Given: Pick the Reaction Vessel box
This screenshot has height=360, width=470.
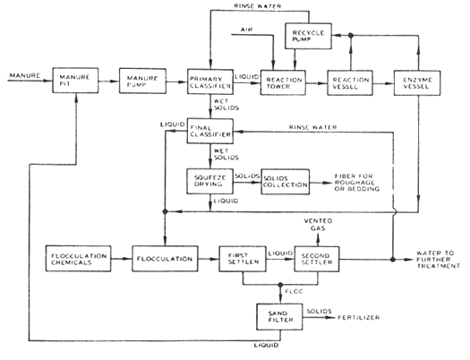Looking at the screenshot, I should [349, 81].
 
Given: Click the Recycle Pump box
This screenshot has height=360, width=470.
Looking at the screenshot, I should [310, 38].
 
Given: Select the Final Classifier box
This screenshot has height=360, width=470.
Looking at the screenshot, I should [209, 133].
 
